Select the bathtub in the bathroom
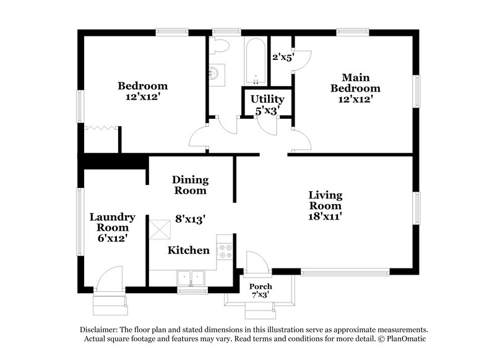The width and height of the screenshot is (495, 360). [255, 62]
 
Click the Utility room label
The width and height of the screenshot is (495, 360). [267, 99]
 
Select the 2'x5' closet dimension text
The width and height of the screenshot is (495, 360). [283, 57]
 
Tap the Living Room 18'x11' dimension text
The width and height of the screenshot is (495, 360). [325, 216]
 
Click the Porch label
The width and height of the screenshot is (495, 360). [260, 286]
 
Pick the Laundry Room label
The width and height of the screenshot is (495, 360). [112, 222]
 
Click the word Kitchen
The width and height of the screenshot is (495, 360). [189, 251]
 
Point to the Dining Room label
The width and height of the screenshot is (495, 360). [190, 185]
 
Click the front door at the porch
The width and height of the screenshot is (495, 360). [256, 263]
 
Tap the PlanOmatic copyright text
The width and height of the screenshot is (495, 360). [402, 339]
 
